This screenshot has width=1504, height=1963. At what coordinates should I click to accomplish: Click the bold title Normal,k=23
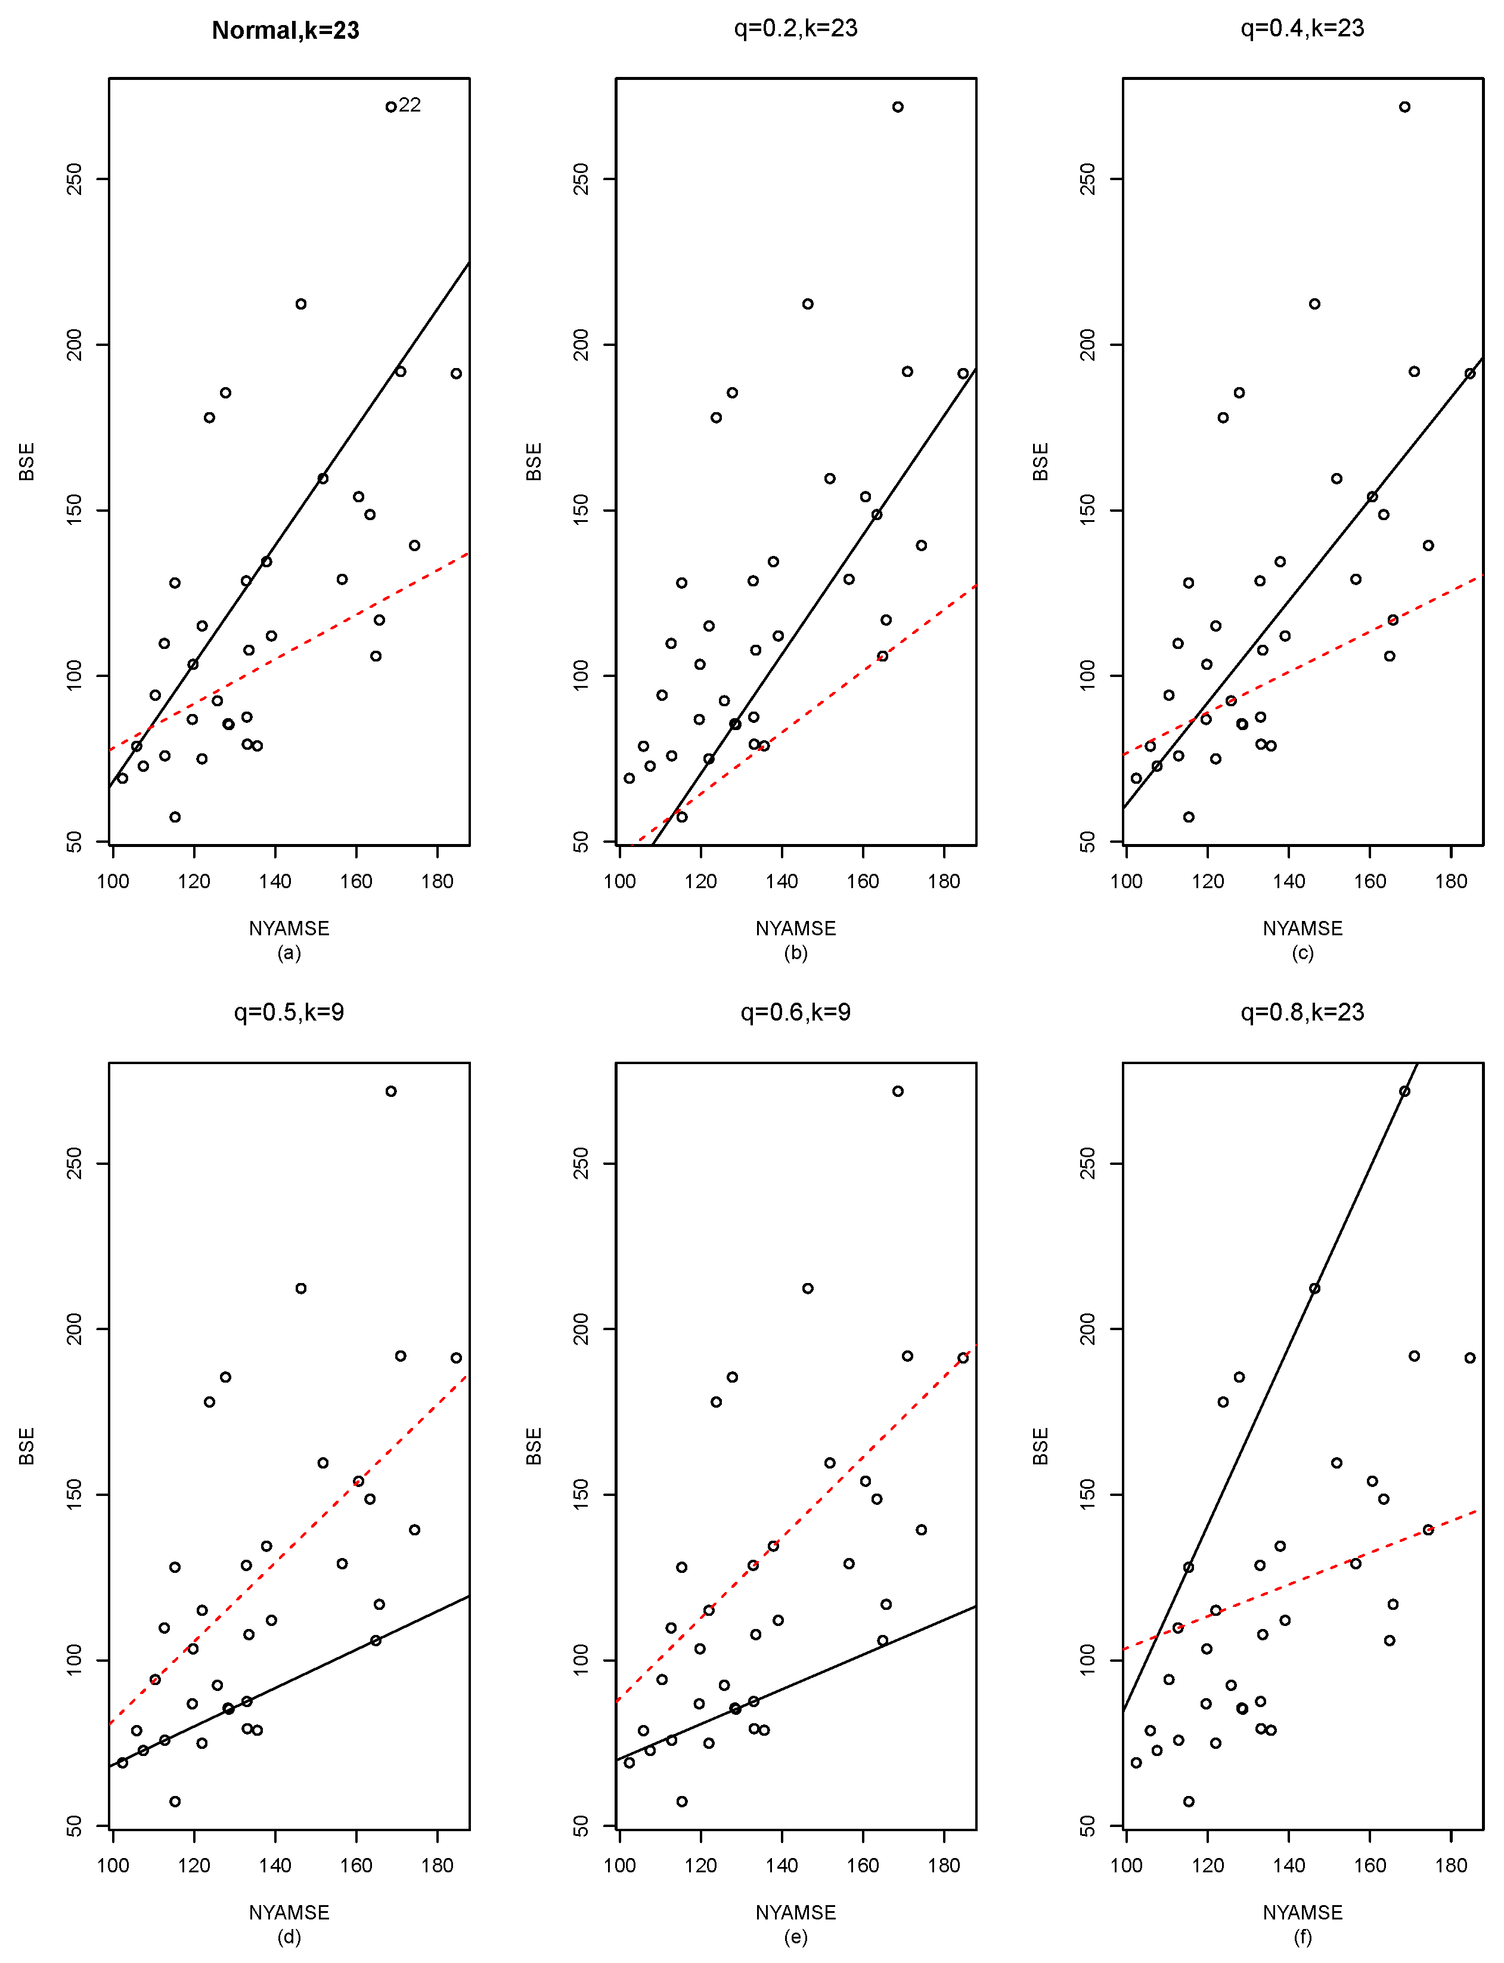point(285,30)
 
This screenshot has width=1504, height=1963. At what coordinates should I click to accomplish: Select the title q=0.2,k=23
point(795,29)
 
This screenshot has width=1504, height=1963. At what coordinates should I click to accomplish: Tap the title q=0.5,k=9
point(289,1012)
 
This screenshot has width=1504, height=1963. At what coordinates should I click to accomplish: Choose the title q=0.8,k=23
point(1302,1012)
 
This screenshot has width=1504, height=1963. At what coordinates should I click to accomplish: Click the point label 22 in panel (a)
point(410,106)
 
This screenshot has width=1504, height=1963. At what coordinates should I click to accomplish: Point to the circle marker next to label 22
point(390,107)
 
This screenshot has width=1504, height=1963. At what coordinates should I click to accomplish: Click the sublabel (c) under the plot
point(1302,953)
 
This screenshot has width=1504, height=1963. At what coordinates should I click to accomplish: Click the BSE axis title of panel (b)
point(534,461)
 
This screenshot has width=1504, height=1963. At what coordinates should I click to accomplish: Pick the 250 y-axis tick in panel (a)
point(75,178)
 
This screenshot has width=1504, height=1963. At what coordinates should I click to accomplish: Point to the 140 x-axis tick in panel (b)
point(782,881)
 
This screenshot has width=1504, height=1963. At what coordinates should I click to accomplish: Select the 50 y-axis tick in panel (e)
point(581,1825)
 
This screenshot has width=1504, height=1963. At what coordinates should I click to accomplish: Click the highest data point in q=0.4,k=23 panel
point(1404,107)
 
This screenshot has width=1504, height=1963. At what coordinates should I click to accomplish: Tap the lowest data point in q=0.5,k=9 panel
point(175,1801)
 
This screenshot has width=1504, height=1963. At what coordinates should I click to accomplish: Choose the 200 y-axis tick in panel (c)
point(1088,344)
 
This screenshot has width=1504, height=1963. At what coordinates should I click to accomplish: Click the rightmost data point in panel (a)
point(455,373)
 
